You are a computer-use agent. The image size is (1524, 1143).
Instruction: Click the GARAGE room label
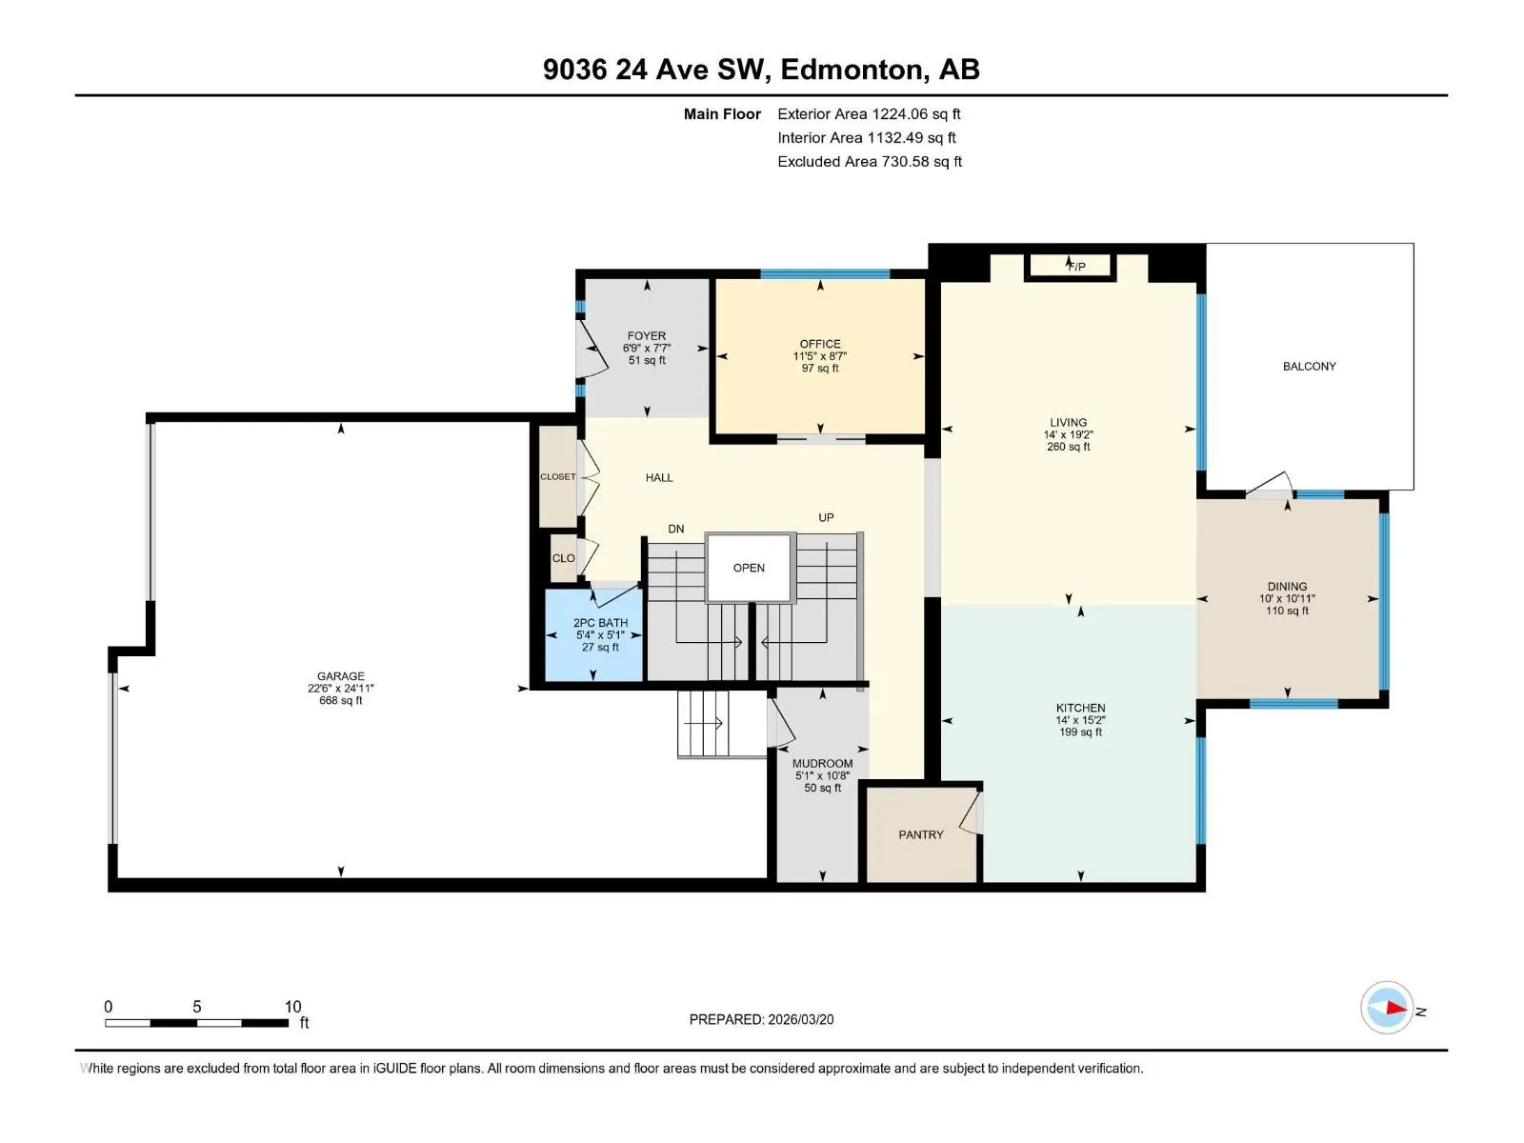click(x=340, y=675)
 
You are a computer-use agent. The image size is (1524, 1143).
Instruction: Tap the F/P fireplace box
click(x=1070, y=267)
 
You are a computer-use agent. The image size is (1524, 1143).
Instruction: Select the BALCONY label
click(x=1309, y=366)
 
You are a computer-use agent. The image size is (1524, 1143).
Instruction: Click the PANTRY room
click(x=921, y=834)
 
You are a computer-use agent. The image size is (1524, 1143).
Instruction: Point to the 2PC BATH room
click(x=593, y=634)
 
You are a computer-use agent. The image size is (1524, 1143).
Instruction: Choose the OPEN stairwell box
click(x=750, y=568)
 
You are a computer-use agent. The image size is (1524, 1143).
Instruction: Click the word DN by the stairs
click(x=675, y=529)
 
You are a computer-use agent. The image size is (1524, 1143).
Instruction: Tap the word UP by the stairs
click(x=826, y=518)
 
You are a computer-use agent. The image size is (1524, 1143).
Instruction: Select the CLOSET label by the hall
click(x=558, y=477)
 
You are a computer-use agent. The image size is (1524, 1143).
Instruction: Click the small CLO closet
click(x=563, y=558)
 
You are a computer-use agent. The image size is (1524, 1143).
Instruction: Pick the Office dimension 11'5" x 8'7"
click(x=820, y=356)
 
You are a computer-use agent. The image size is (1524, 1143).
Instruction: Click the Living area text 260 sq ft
click(x=1069, y=447)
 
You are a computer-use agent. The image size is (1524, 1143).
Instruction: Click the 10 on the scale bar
click(x=292, y=1006)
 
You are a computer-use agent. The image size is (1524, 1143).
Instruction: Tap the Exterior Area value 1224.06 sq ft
click(x=915, y=113)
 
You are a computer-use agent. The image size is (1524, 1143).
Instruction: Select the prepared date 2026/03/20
click(x=800, y=1019)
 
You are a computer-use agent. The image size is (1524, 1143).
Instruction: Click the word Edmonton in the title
click(x=854, y=70)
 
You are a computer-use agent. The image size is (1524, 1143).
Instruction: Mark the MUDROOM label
click(x=822, y=763)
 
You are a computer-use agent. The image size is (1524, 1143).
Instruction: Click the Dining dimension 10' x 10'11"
click(x=1287, y=598)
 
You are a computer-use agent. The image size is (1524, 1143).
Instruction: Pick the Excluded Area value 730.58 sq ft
click(x=921, y=162)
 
